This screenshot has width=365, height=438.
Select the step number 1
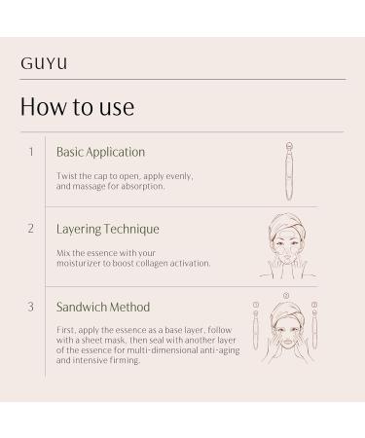31,152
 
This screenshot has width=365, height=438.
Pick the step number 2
31,229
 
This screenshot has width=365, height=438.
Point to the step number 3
31,307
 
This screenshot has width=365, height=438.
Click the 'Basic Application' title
100,152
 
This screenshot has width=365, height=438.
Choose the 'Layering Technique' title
107,229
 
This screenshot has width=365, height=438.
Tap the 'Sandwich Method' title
103,307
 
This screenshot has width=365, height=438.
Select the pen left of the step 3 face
256,331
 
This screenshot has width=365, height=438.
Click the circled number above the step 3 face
285,294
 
